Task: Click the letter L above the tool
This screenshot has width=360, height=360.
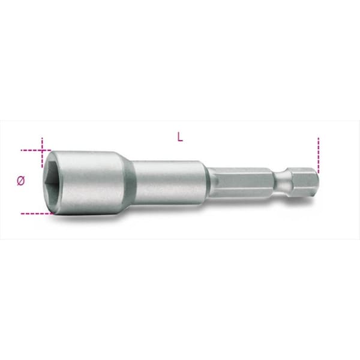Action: tap(180, 137)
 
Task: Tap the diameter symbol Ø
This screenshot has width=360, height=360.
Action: tap(20, 181)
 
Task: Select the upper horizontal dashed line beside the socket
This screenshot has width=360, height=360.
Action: tap(36, 150)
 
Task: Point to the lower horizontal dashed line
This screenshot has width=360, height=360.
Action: tap(37, 214)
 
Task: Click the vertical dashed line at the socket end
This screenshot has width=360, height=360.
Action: tap(42, 152)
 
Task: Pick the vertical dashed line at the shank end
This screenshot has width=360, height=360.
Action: tap(318, 155)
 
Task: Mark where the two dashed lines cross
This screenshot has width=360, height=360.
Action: tap(42, 150)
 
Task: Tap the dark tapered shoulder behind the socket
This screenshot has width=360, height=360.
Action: tap(130, 183)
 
